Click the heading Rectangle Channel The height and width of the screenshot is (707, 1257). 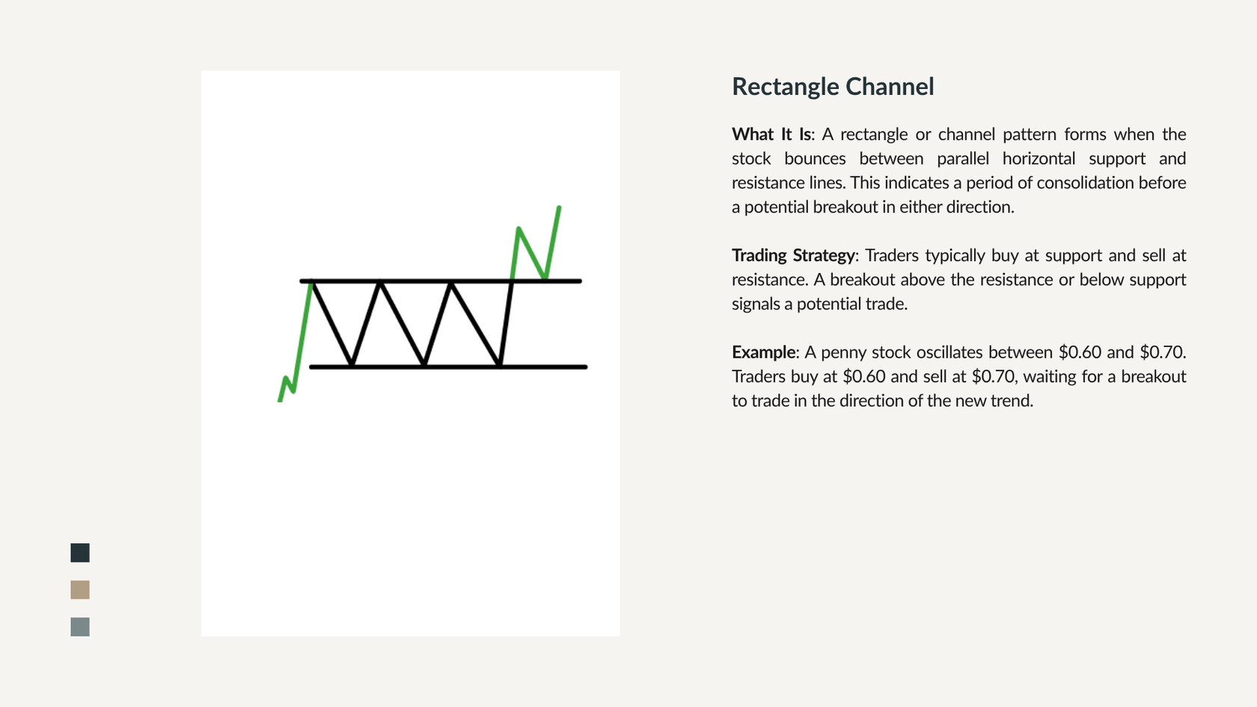click(x=833, y=87)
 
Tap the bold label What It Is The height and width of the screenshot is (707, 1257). click(x=771, y=134)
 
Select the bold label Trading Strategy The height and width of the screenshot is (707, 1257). click(x=793, y=256)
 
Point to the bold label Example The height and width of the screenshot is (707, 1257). click(x=763, y=352)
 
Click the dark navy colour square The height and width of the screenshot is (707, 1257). click(x=80, y=553)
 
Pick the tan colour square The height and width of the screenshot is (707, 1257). click(x=80, y=590)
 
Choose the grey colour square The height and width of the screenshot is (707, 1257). click(x=80, y=627)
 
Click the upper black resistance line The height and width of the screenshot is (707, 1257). click(x=441, y=281)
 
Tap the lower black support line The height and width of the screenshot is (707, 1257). click(x=448, y=367)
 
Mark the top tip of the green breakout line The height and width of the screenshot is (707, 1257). click(x=560, y=207)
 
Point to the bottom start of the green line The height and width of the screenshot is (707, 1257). click(x=280, y=401)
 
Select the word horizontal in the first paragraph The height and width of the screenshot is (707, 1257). click(x=1039, y=159)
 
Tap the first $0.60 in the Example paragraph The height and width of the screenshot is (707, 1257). click(x=1080, y=352)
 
